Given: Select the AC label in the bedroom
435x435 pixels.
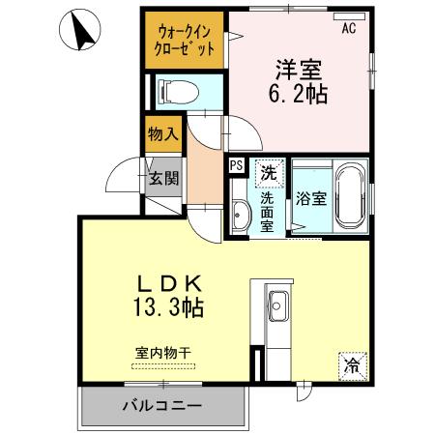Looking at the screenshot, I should point(348,28).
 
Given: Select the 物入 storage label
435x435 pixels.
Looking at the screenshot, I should point(162,133).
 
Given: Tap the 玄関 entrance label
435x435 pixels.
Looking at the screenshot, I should point(163,177).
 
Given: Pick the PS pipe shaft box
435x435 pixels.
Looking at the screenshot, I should point(236,165).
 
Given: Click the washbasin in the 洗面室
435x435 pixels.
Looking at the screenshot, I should point(240,210).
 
